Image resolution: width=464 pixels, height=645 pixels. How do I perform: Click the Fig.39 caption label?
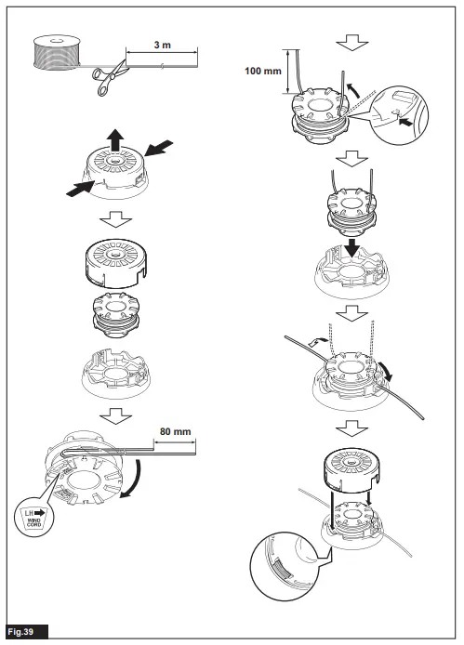coord(23,632)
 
